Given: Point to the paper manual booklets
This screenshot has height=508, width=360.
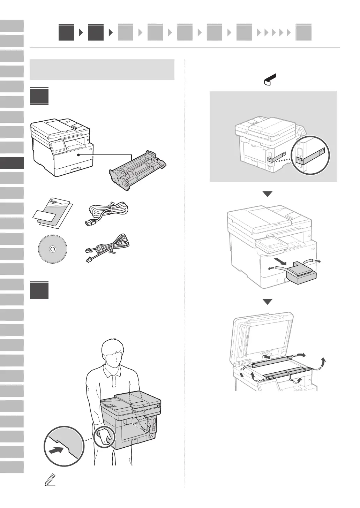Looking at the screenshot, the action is click(53, 213).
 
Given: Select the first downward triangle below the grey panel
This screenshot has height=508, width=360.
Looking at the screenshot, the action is click(267, 194).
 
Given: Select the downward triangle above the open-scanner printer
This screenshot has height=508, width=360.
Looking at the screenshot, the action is click(267, 302).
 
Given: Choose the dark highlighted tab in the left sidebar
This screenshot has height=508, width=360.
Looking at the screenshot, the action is click(12, 163).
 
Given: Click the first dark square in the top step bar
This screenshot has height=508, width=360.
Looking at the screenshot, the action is click(66, 32).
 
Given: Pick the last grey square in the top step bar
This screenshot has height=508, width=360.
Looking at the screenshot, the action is click(303, 33).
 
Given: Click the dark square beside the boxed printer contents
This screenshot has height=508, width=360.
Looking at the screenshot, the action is click(39, 97).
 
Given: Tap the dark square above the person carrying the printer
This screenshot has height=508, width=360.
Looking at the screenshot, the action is click(39, 290).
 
